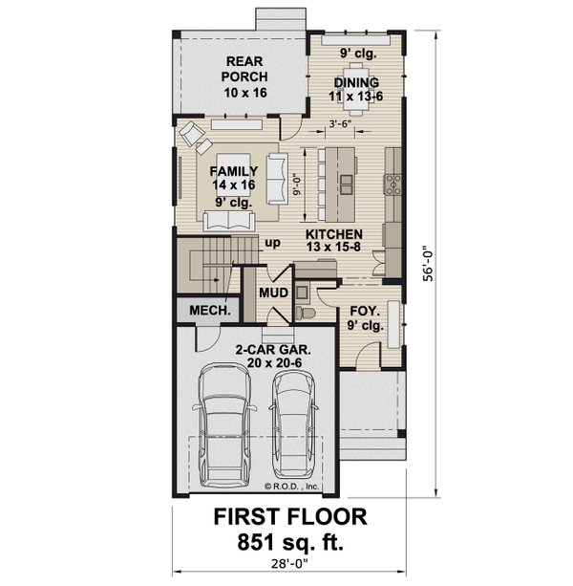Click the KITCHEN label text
[333, 234]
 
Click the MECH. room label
[205, 312]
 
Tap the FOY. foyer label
[366, 311]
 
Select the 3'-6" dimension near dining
[339, 123]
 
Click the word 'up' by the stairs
[273, 243]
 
